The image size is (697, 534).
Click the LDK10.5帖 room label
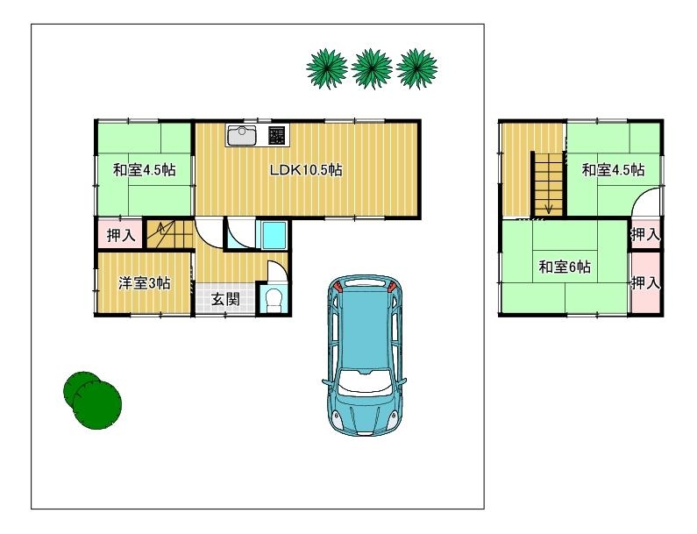pyautogui.click(x=306, y=170)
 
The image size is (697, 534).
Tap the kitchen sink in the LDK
pyautogui.click(x=242, y=136)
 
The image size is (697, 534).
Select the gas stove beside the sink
pyautogui.click(x=276, y=136)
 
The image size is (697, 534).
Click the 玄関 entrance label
pyautogui.click(x=225, y=299)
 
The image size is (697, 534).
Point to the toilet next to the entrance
pyautogui.click(x=272, y=300)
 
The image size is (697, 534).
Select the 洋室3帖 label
pyautogui.click(x=145, y=283)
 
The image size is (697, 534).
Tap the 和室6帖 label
pyautogui.click(x=565, y=267)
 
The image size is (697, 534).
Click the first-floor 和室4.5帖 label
pyautogui.click(x=145, y=170)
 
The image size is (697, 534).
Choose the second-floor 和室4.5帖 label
pyautogui.click(x=614, y=170)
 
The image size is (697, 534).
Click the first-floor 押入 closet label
pyautogui.click(x=121, y=235)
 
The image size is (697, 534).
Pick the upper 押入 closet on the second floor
pyautogui.click(x=645, y=234)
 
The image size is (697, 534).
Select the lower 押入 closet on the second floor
pyautogui.click(x=645, y=282)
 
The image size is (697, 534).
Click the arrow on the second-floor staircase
pyautogui.click(x=550, y=206)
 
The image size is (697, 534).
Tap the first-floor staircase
pyautogui.click(x=170, y=234)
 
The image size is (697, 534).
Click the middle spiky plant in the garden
pyautogui.click(x=372, y=69)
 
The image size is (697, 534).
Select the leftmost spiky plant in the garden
pyautogui.click(x=327, y=69)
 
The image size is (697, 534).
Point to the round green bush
pyautogui.click(x=92, y=400)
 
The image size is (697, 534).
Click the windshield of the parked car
pyautogui.click(x=365, y=383)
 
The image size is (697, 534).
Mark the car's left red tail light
pyautogui.click(x=338, y=287)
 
